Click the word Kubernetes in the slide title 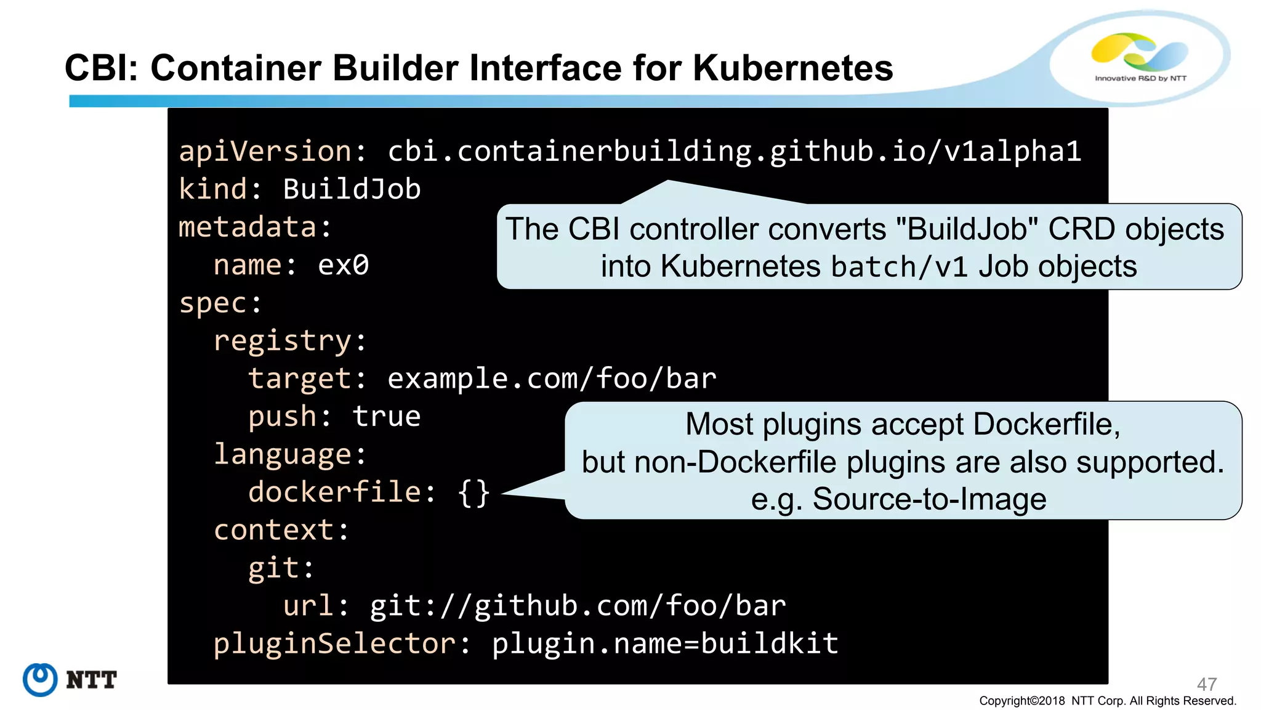click(792, 68)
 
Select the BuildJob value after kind click(352, 189)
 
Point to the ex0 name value click(343, 265)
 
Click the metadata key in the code click(248, 227)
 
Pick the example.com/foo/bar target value click(552, 378)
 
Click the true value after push click(387, 417)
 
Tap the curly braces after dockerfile click(473, 493)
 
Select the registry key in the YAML click(283, 341)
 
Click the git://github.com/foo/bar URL click(578, 606)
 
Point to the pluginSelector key click(335, 644)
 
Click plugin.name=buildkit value click(665, 644)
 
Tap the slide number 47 click(1206, 684)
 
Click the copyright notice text click(1107, 701)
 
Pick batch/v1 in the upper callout click(899, 267)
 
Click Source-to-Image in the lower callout click(929, 499)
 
